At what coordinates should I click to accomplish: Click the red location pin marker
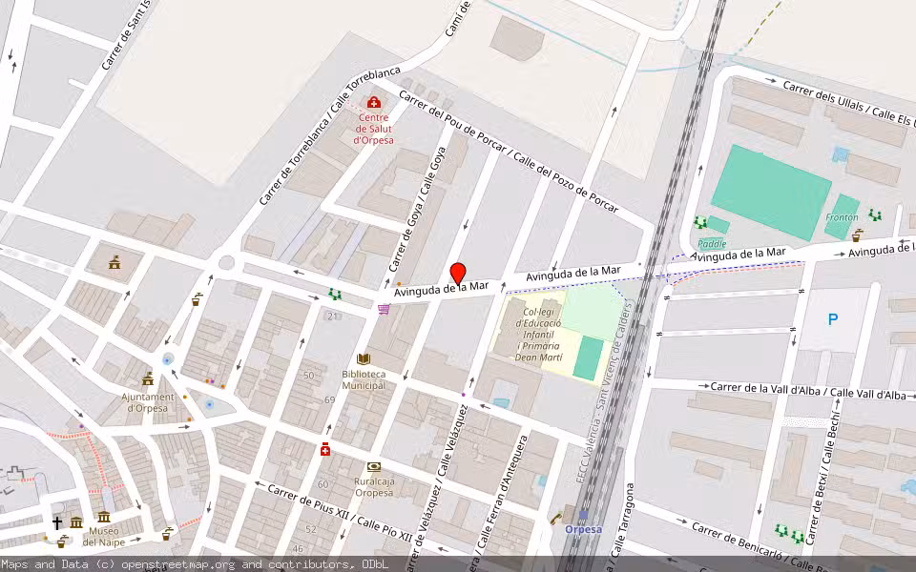pyautogui.click(x=458, y=274)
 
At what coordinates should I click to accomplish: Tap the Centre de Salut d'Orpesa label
pyautogui.click(x=373, y=129)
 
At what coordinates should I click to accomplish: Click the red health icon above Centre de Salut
pyautogui.click(x=373, y=102)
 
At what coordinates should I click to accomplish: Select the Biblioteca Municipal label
pyautogui.click(x=364, y=379)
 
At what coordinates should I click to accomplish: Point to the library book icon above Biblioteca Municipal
pyautogui.click(x=364, y=359)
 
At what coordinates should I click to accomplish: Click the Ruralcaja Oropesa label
pyautogui.click(x=373, y=486)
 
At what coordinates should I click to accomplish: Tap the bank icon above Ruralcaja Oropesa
pyautogui.click(x=373, y=467)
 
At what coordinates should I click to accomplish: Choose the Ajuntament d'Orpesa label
pyautogui.click(x=148, y=402)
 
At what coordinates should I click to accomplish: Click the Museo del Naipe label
pyautogui.click(x=104, y=536)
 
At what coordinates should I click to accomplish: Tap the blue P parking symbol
pyautogui.click(x=833, y=320)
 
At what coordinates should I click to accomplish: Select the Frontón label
pyautogui.click(x=842, y=217)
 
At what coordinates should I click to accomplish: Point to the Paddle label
pyautogui.click(x=713, y=243)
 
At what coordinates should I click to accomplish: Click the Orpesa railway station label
pyautogui.click(x=583, y=529)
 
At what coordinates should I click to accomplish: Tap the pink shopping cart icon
pyautogui.click(x=384, y=309)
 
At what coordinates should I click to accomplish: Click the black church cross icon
pyautogui.click(x=57, y=522)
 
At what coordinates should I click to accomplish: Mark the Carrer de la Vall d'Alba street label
pyautogui.click(x=808, y=391)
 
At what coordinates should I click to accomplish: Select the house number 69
pyautogui.click(x=329, y=398)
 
